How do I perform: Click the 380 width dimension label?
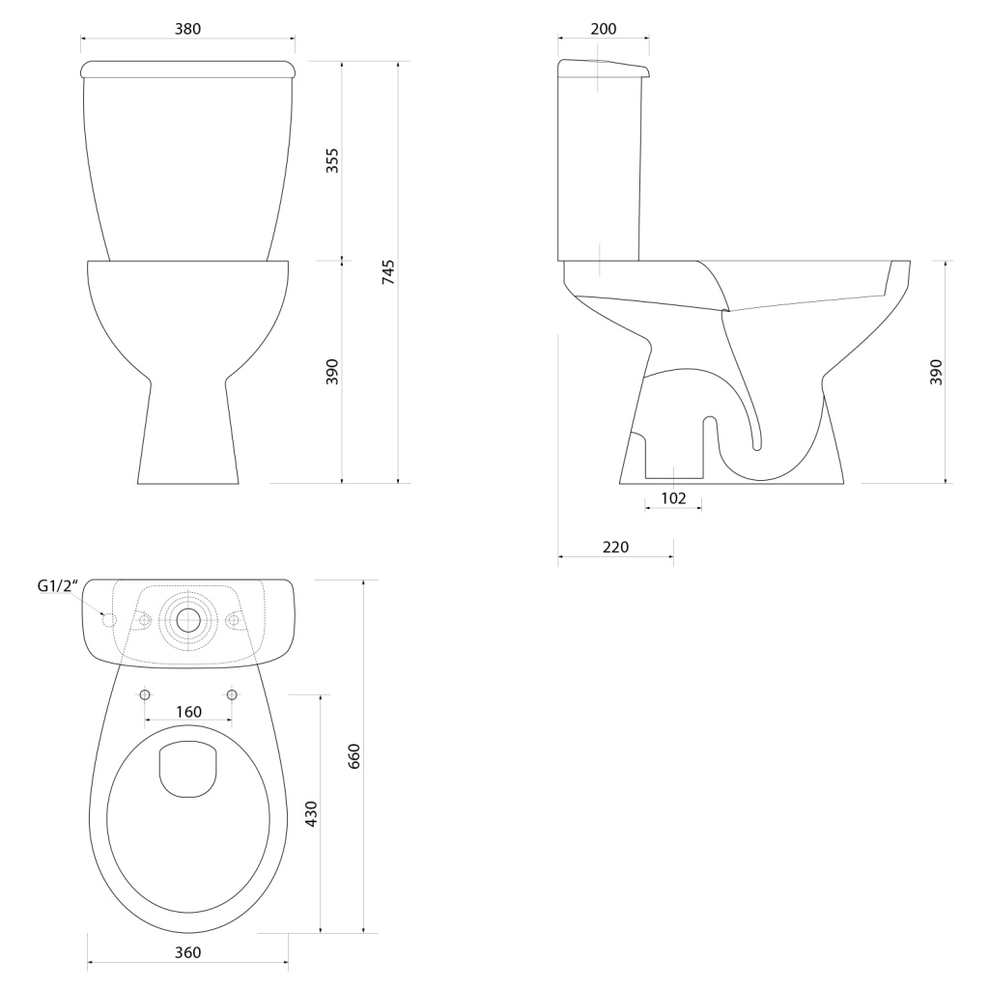(188, 29)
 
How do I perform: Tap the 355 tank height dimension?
(332, 161)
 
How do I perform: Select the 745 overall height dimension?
(388, 271)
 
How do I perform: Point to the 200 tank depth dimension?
(604, 29)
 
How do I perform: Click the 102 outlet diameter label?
(673, 498)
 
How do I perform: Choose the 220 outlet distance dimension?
(615, 547)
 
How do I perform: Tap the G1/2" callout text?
(57, 586)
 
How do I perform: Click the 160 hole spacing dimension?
(188, 712)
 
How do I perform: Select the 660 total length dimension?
(354, 756)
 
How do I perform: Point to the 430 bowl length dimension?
(311, 813)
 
